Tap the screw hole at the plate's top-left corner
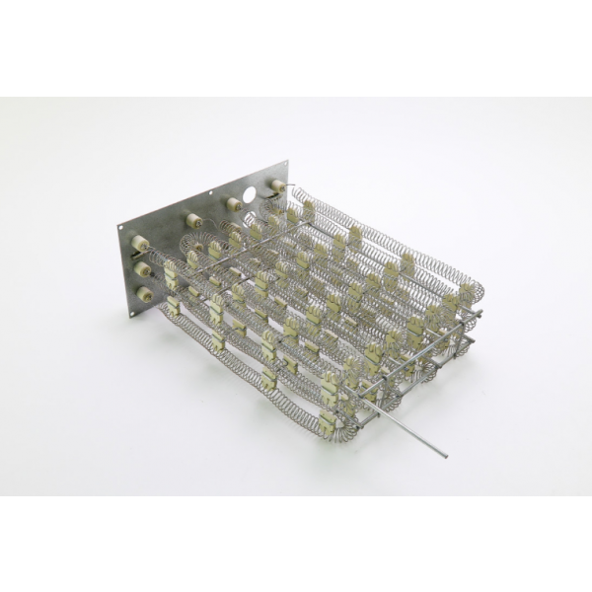click(121, 229)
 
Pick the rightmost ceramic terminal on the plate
click(277, 185)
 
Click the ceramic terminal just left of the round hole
click(234, 204)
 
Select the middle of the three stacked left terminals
click(144, 268)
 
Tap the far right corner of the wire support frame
click(482, 316)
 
